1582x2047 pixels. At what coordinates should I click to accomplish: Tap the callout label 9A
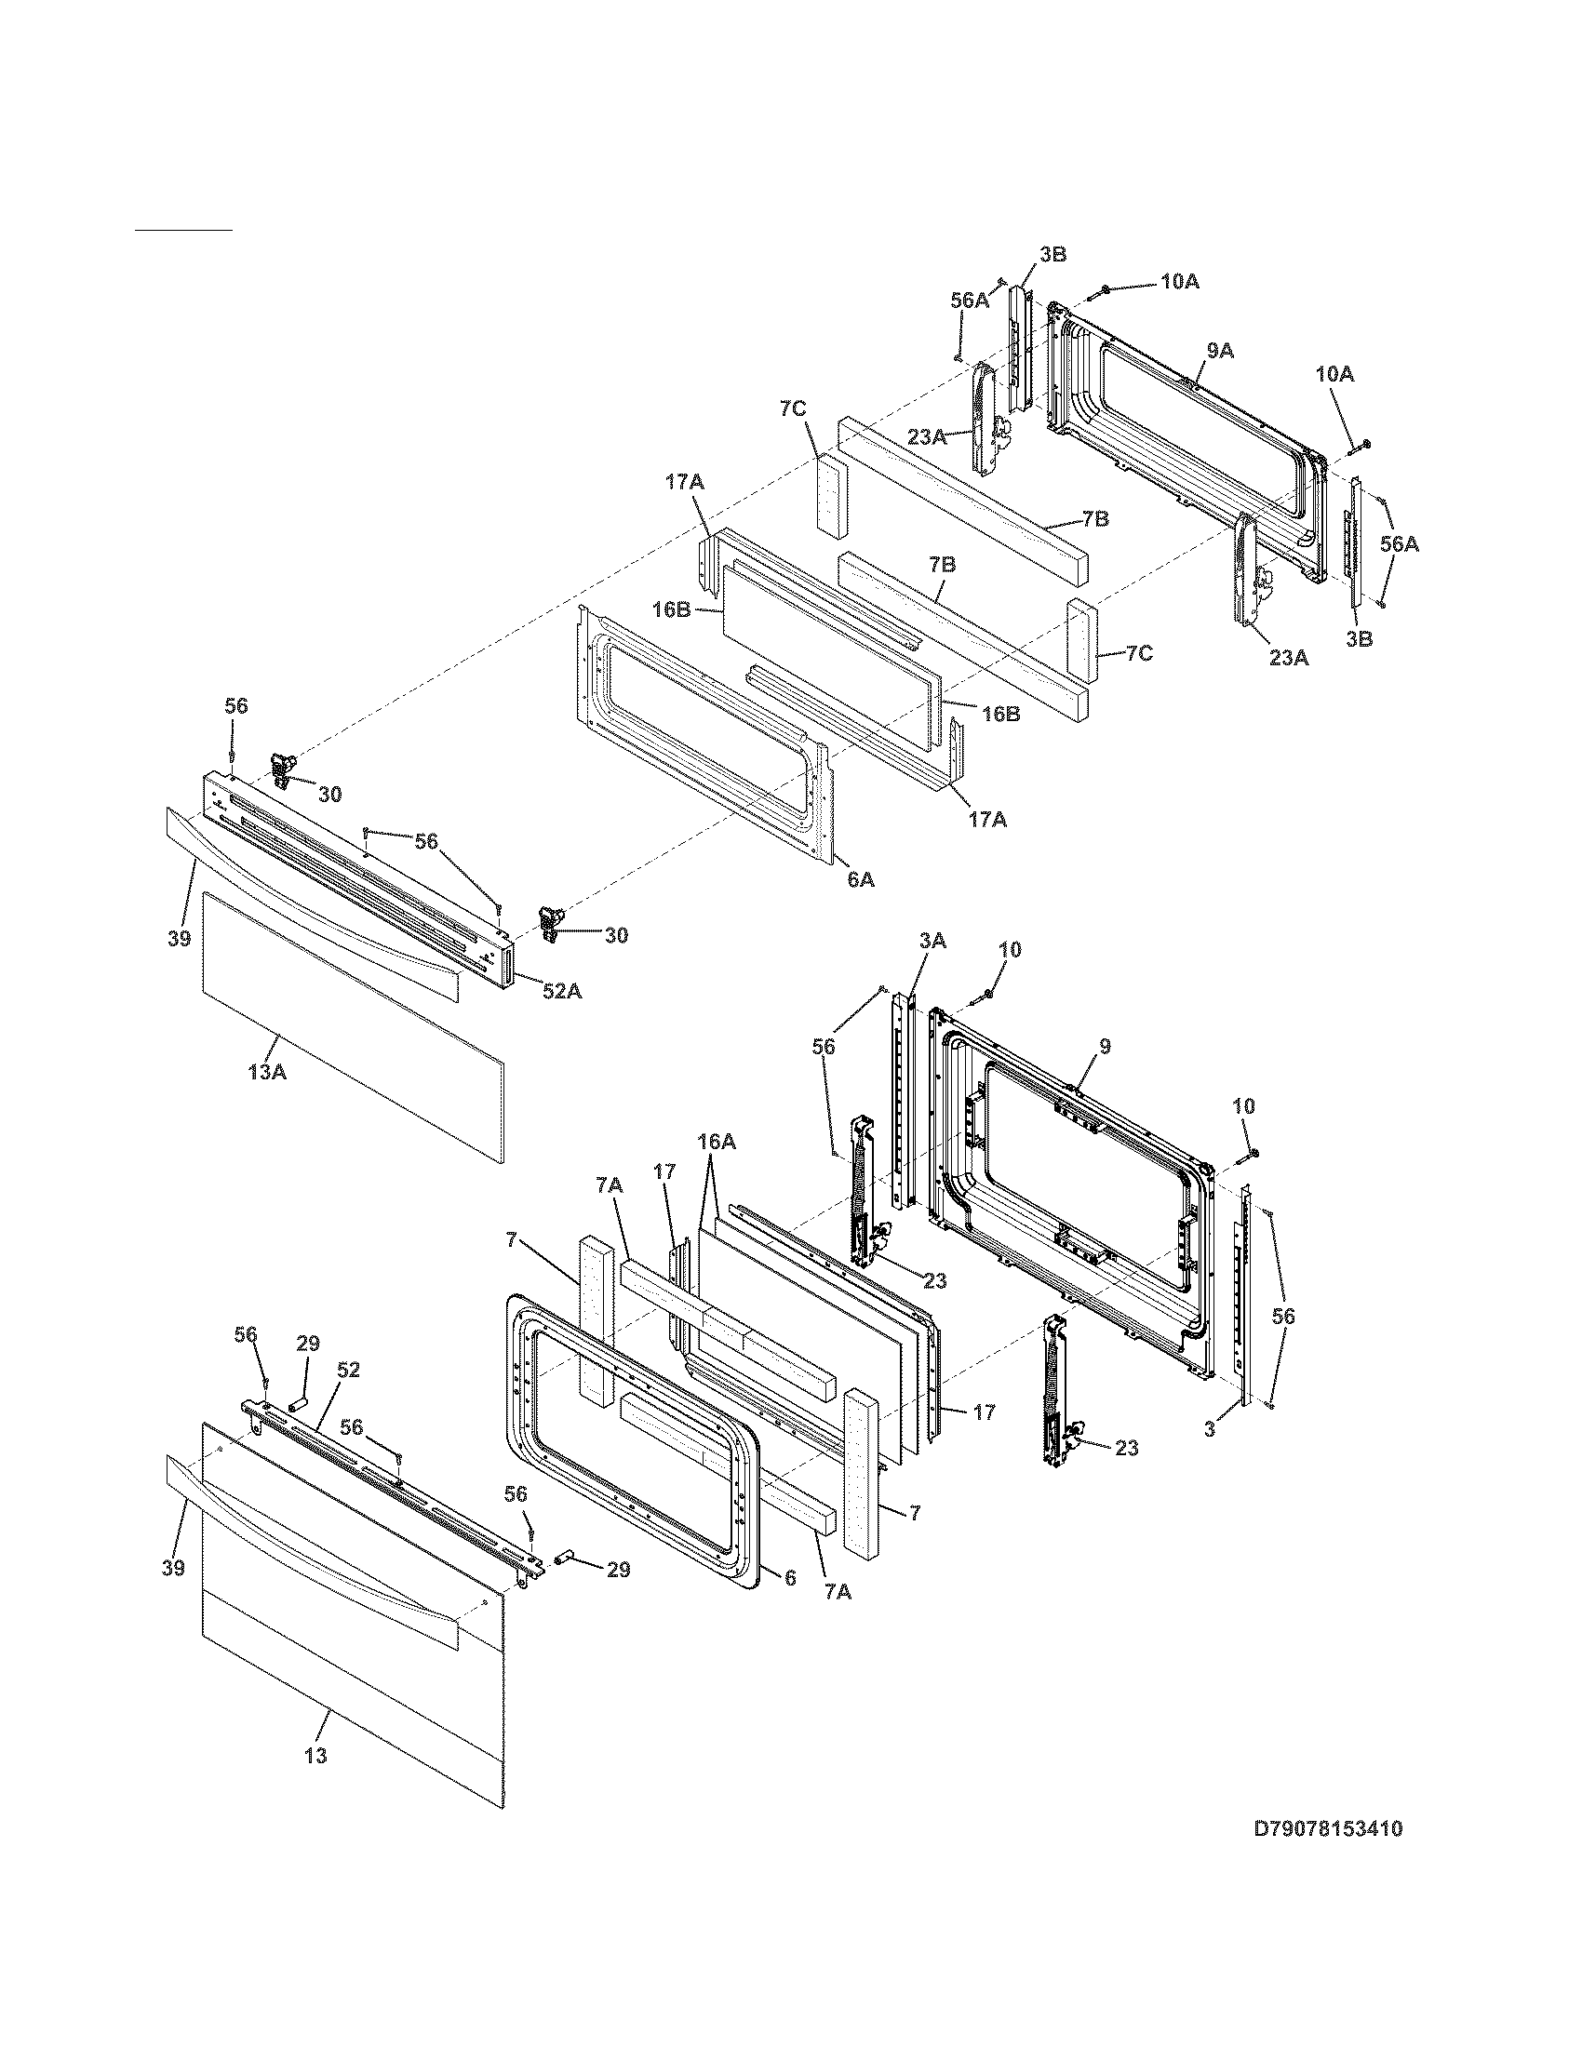pos(1220,351)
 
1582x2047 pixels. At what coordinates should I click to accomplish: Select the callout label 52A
pos(561,991)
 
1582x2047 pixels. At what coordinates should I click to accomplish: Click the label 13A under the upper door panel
pos(267,1070)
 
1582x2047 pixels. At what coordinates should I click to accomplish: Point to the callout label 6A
pos(861,879)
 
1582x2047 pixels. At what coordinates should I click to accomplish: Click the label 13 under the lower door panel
pos(315,1755)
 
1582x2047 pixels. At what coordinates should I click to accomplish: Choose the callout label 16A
pos(716,1142)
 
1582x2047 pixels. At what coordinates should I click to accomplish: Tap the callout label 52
pos(348,1371)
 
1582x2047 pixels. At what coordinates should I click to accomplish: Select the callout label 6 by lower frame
pos(789,1578)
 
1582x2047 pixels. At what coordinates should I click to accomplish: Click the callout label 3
pos(1210,1432)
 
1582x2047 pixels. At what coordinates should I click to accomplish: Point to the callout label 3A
pos(932,942)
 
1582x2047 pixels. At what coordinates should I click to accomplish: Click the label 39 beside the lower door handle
pos(173,1567)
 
